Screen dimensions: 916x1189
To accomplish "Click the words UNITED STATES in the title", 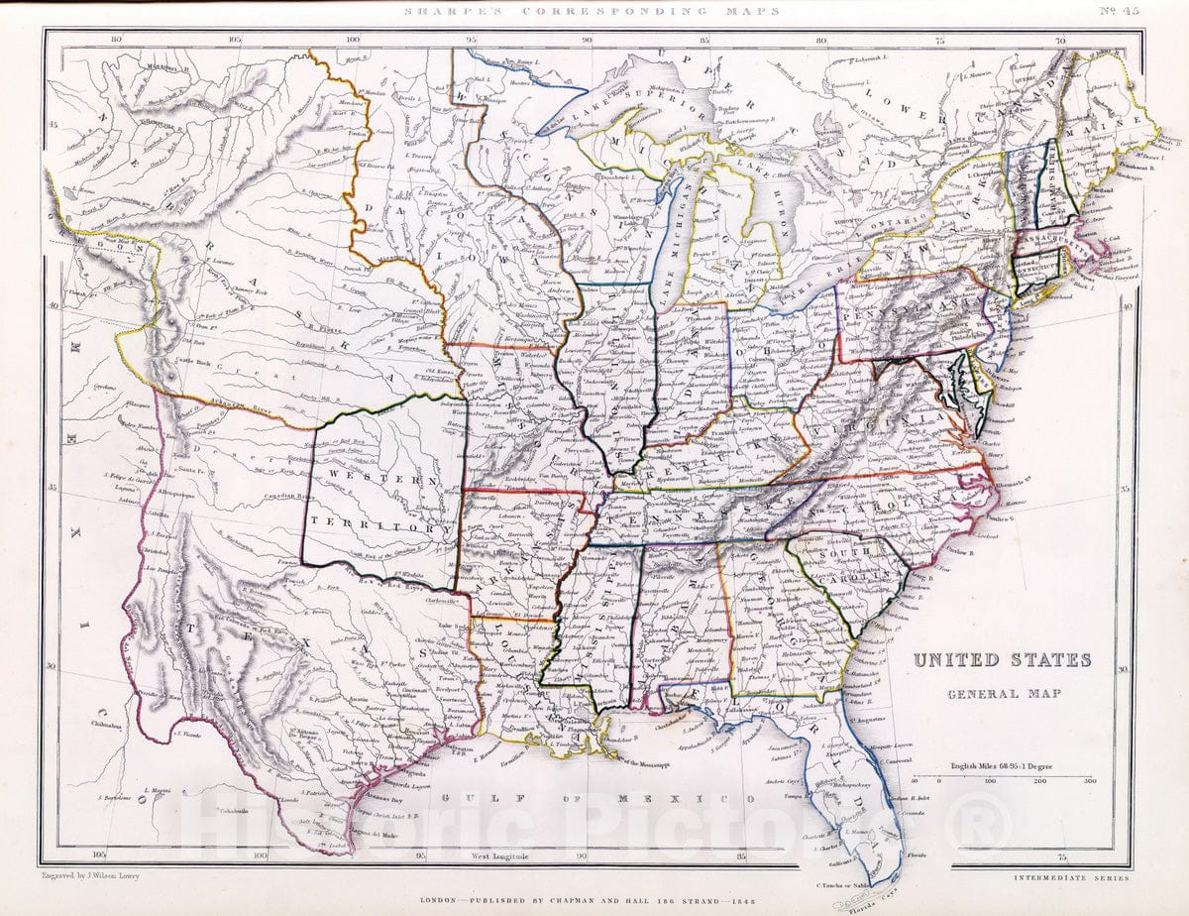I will [1002, 660].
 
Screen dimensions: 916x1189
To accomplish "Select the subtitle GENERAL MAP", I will [1003, 693].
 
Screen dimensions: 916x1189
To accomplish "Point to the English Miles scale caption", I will [1001, 765].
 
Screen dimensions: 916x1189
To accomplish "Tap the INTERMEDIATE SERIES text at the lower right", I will [1071, 877].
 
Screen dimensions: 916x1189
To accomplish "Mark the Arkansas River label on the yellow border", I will [244, 402].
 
